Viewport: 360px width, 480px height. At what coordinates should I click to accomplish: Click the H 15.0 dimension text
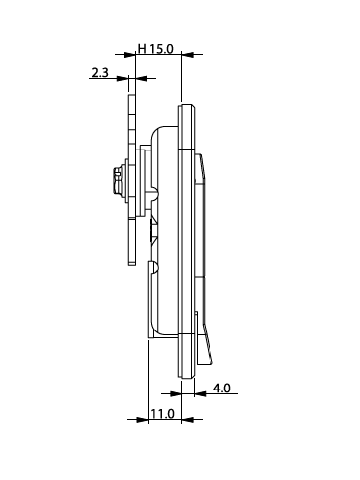155,49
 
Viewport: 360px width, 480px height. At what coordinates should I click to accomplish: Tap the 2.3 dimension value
100,73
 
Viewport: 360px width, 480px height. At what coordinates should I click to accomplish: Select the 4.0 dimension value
222,389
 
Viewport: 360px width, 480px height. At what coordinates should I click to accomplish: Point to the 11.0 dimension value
162,414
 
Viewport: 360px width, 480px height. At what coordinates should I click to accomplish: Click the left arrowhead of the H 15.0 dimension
130,55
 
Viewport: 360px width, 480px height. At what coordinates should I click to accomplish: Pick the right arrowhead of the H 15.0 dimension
187,55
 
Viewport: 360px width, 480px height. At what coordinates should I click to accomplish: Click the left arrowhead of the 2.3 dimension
123,78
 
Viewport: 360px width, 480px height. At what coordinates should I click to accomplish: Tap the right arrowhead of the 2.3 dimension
141,78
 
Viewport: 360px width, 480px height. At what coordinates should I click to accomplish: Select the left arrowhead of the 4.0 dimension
176,393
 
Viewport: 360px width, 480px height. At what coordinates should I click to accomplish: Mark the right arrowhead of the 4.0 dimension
200,393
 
